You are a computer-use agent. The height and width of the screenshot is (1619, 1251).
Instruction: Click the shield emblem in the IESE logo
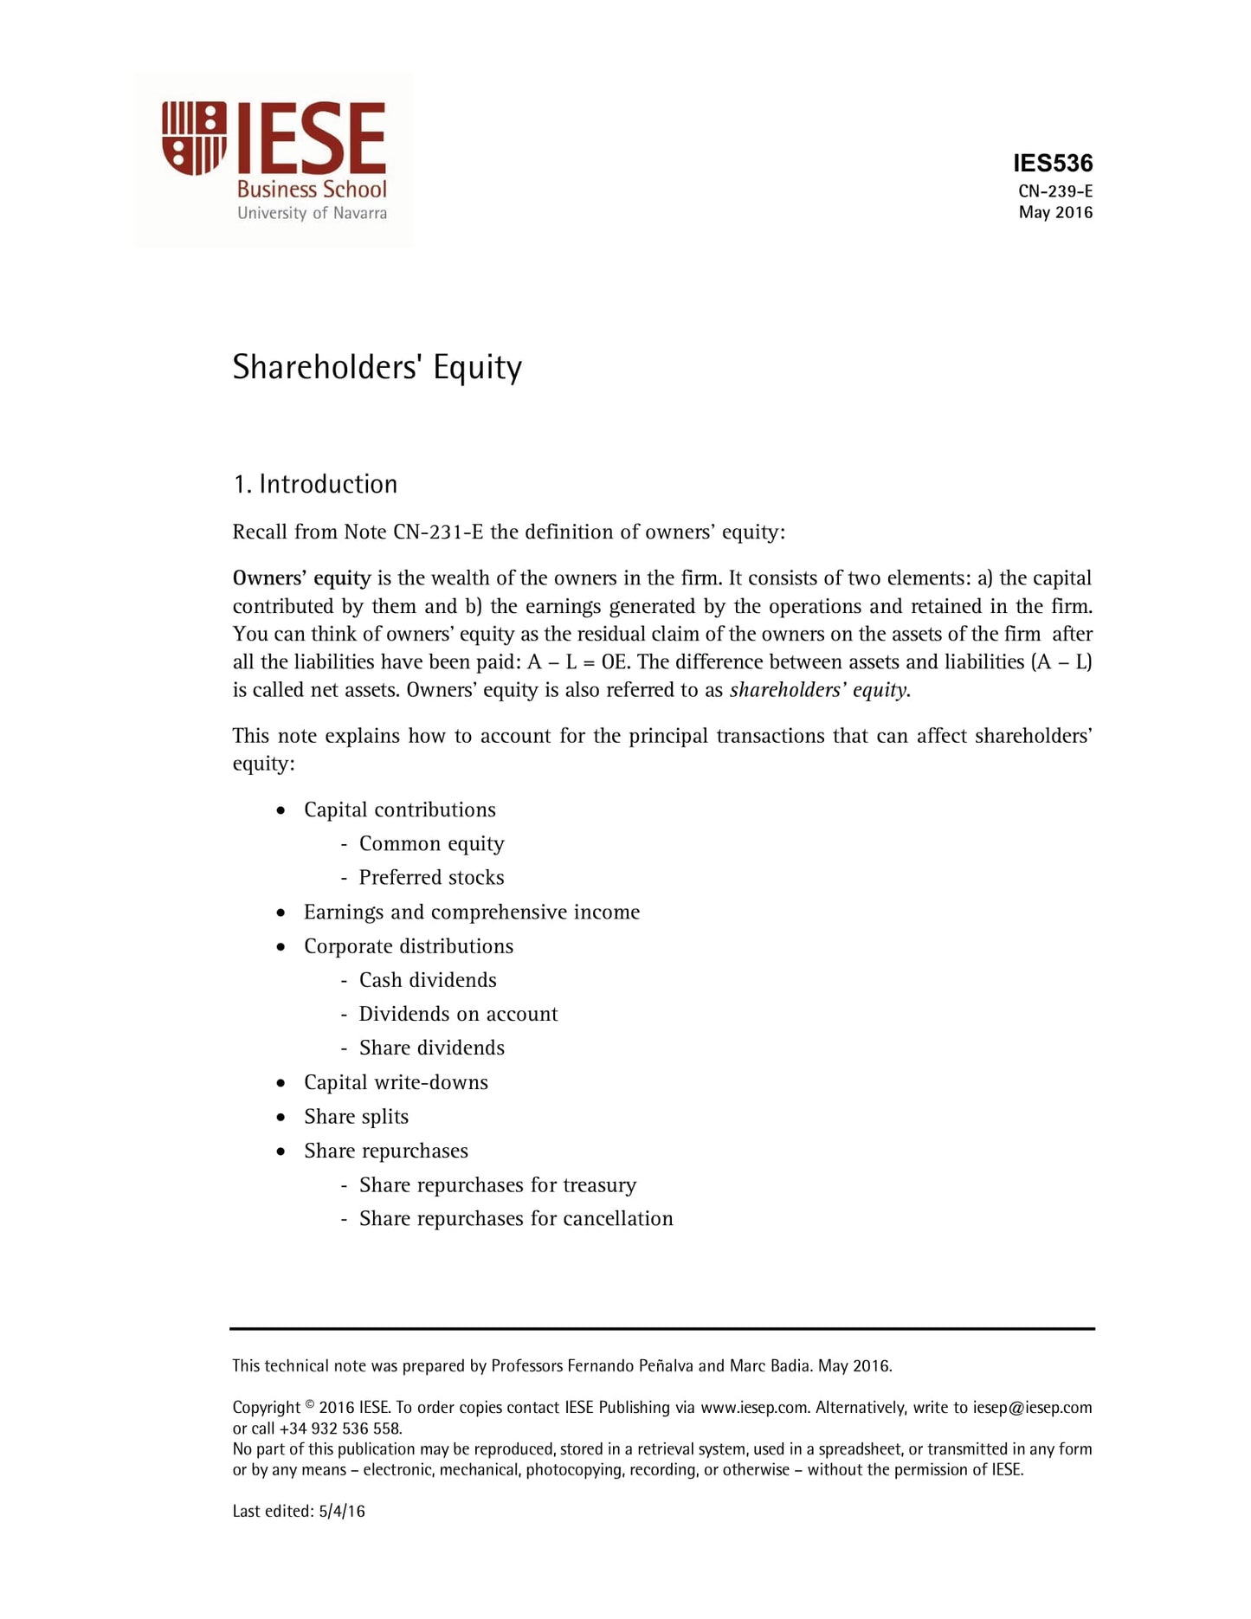point(194,139)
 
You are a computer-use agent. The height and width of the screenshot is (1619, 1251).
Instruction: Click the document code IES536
point(1053,163)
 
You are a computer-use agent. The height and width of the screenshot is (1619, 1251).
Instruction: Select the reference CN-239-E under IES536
point(1054,191)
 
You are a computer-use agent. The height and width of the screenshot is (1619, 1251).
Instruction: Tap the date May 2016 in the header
point(1054,212)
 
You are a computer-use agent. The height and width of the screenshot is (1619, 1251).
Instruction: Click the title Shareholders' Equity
point(377,367)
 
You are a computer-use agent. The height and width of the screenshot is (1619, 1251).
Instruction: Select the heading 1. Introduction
point(315,484)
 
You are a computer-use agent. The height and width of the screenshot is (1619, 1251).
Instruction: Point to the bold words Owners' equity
point(301,578)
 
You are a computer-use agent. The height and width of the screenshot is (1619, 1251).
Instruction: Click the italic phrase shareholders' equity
point(819,690)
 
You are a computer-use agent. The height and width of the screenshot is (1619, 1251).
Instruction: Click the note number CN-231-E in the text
point(437,532)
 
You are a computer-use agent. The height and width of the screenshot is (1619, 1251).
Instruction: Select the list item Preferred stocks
point(431,877)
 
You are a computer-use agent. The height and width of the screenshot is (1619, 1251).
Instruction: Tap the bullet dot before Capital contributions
point(281,810)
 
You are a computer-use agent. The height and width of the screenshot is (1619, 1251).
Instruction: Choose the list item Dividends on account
point(458,1014)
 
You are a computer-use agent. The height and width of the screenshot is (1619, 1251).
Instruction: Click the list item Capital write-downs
point(396,1082)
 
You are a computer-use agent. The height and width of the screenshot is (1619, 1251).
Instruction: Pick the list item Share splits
point(356,1117)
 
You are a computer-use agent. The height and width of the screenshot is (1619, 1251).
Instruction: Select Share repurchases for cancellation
point(516,1218)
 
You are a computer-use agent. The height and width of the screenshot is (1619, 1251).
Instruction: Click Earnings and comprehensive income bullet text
point(472,912)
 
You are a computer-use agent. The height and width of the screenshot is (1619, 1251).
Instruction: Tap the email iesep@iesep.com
point(1032,1408)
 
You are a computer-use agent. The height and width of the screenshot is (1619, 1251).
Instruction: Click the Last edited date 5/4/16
point(342,1512)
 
